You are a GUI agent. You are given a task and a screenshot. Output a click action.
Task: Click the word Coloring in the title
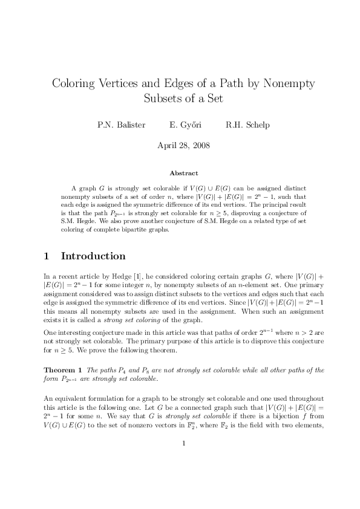74,83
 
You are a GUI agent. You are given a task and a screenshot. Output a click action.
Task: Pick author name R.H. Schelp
247,126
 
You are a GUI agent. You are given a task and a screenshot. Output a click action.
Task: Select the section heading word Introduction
93,256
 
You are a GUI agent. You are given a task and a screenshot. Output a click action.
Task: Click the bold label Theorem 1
64,369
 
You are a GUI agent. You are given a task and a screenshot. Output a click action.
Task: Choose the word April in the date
169,146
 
